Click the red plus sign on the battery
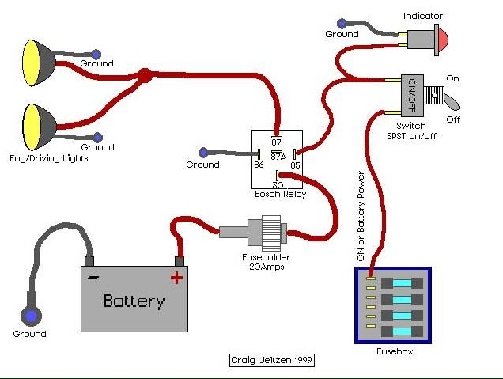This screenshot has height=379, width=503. coord(176,278)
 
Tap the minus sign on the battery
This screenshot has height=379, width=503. coord(93,277)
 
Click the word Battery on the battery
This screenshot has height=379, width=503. coord(134,301)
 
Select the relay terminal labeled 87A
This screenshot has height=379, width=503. coord(277,151)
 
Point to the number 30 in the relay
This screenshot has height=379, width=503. coord(278,185)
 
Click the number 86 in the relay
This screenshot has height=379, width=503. coord(259,165)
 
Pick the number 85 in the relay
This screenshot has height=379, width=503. coord(295,165)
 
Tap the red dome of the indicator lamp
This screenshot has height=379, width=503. coord(444,39)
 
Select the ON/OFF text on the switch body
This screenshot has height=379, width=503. coord(412,95)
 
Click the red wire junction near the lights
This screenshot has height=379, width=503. coord(145,76)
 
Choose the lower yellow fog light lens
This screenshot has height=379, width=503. coord(30,127)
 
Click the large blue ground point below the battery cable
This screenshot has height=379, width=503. coord(31,316)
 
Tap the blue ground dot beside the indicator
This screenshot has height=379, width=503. coord(342,24)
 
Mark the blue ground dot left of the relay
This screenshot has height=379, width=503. coord(203,153)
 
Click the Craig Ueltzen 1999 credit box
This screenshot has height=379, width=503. coord(272,360)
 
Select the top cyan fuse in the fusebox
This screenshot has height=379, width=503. coord(403,283)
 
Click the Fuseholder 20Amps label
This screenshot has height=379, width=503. coord(267,262)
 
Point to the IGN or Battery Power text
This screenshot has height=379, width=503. coord(361,218)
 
